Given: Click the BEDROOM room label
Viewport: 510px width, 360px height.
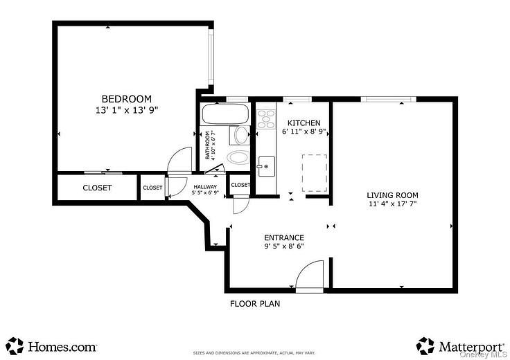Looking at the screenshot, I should pos(127,99).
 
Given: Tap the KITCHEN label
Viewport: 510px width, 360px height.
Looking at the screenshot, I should pos(304,123).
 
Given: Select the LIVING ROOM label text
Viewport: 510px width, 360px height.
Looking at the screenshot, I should pos(392,195).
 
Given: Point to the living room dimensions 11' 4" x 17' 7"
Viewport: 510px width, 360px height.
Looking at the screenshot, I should pos(392,204).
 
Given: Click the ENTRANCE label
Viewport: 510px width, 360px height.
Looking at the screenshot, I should pos(284,237).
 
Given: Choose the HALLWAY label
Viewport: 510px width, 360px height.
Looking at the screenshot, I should pos(206,187).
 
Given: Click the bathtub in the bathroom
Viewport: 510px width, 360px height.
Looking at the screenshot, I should pos(225,113).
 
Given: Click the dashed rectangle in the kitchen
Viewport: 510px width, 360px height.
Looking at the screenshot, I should pos(315,172).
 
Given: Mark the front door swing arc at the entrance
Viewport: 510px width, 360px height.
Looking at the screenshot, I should pos(310,274).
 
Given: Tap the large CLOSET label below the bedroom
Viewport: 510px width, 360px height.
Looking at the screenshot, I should pos(97,188).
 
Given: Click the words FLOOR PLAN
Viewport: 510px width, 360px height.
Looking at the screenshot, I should pos(255,303).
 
